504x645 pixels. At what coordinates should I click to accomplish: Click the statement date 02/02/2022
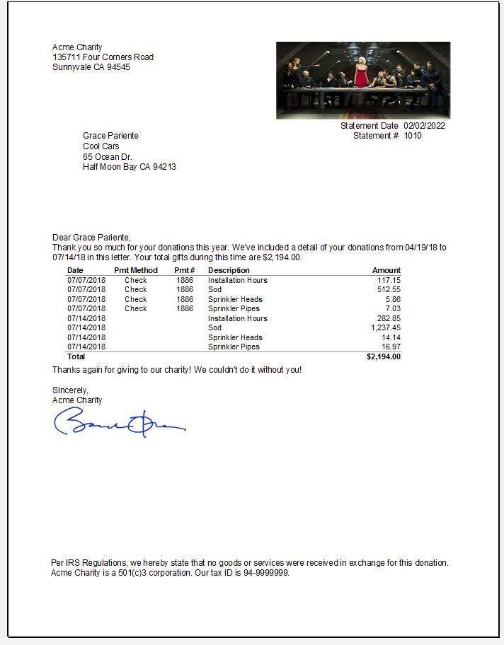point(424,126)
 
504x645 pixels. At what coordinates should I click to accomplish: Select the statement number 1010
point(413,136)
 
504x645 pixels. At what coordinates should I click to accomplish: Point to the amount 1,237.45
point(386,328)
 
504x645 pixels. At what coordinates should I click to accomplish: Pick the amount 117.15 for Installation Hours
point(389,281)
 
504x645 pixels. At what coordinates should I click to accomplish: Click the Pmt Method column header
point(136,270)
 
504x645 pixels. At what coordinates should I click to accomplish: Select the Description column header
point(229,270)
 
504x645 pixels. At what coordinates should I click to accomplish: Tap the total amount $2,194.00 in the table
point(383,357)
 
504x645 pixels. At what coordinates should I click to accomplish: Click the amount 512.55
point(389,290)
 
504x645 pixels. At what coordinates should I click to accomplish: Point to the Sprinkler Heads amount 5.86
point(393,300)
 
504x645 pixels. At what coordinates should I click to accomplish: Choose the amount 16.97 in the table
point(391,347)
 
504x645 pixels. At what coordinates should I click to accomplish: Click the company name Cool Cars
point(101,146)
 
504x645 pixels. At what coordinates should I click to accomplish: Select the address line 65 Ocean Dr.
point(108,156)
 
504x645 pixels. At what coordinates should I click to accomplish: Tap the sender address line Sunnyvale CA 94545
point(91,68)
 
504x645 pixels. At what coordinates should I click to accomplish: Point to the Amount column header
point(386,270)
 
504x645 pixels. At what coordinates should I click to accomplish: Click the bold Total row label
point(76,357)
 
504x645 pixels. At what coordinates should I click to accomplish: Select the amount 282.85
point(389,319)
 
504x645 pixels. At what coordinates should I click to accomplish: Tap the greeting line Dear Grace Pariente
point(91,238)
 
